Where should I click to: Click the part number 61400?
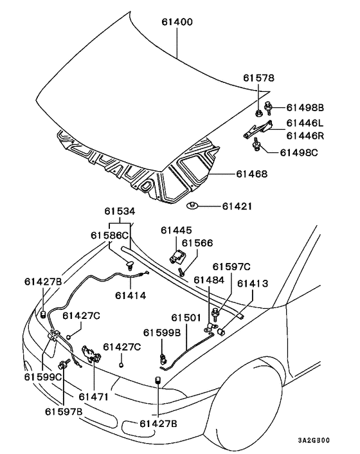click(177, 22)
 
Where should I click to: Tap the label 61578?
click(258, 78)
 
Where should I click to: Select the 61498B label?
click(305, 107)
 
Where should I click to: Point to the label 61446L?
click(305, 123)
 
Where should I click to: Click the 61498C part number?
click(299, 152)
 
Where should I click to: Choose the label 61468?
click(252, 174)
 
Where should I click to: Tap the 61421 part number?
click(237, 206)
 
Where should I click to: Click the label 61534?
click(120, 212)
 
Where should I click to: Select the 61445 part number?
click(176, 230)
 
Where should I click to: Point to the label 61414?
click(130, 295)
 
